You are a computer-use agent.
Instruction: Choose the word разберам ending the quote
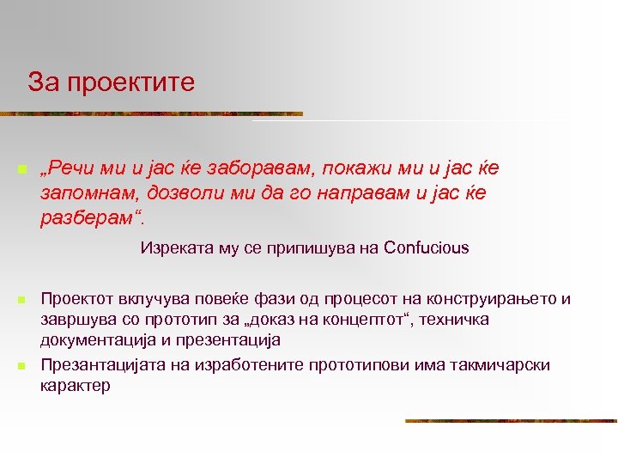pos(87,217)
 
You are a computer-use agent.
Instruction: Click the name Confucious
pos(427,248)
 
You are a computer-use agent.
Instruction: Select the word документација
pos(95,339)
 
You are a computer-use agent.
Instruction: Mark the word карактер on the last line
pos(75,385)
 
